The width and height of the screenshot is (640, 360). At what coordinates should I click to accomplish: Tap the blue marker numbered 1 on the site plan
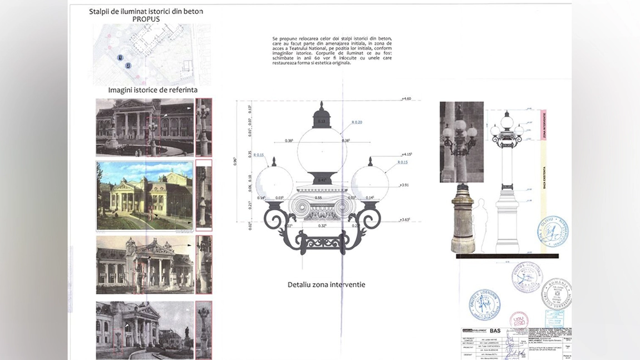120,57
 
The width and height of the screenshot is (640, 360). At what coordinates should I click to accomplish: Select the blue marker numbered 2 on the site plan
128,66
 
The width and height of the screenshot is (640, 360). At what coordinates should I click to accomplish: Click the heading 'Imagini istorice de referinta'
152,90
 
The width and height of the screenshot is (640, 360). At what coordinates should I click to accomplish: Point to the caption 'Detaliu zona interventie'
326,284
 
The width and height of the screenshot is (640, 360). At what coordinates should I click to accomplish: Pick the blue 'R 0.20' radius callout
356,122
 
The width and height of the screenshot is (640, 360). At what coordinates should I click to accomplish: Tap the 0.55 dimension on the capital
318,198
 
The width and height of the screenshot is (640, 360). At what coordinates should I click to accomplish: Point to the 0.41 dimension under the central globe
321,180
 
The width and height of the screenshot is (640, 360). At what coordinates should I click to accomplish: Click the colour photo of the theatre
145,196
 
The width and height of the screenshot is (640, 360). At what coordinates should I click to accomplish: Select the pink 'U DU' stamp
519,320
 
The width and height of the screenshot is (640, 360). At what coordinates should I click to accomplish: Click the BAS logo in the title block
495,331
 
